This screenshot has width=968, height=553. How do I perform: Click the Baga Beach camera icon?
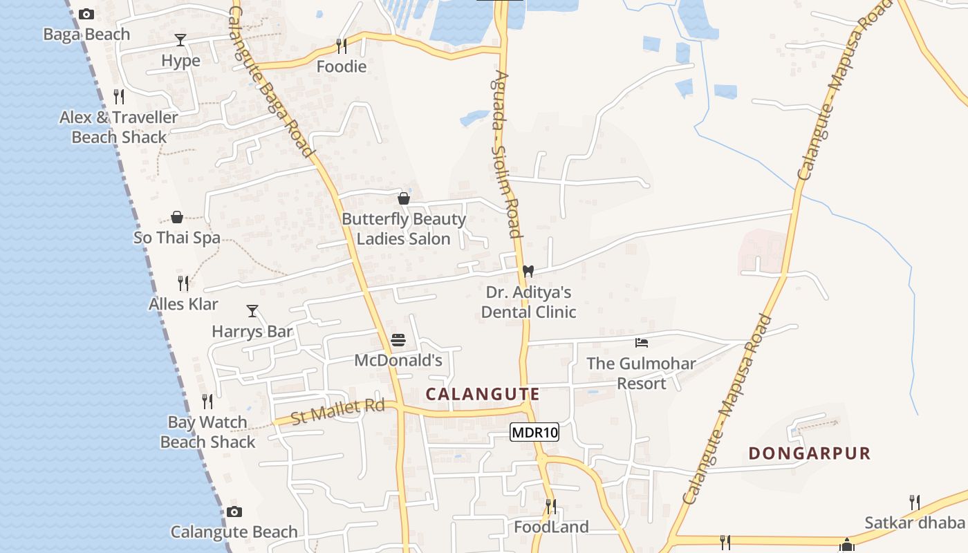(x=86, y=14)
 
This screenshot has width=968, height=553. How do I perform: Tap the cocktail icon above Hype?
(x=180, y=40)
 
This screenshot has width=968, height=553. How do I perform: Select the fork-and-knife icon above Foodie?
(x=341, y=46)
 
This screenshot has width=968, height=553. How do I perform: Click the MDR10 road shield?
(x=534, y=433)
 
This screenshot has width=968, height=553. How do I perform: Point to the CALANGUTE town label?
(x=483, y=394)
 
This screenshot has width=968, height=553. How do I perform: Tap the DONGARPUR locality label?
(x=810, y=453)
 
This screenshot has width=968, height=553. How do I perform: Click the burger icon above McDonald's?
(x=398, y=339)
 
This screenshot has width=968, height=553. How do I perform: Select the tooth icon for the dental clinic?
(x=528, y=271)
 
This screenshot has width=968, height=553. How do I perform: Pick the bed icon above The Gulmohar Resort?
(x=642, y=342)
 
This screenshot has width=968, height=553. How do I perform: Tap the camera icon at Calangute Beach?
(x=234, y=512)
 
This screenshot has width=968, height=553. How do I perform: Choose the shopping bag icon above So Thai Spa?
(x=177, y=217)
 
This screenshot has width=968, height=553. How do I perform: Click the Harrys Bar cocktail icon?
(x=252, y=311)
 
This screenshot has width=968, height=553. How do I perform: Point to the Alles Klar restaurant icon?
(x=183, y=283)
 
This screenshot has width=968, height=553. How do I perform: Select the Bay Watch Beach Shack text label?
(x=208, y=432)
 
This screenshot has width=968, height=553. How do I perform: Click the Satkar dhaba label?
(x=915, y=522)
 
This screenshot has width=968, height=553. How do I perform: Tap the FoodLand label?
(x=551, y=527)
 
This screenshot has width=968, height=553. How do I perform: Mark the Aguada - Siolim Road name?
(x=506, y=153)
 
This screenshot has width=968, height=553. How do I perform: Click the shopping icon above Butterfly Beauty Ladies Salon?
(x=404, y=198)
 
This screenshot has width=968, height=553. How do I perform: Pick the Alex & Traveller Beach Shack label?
(x=119, y=127)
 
